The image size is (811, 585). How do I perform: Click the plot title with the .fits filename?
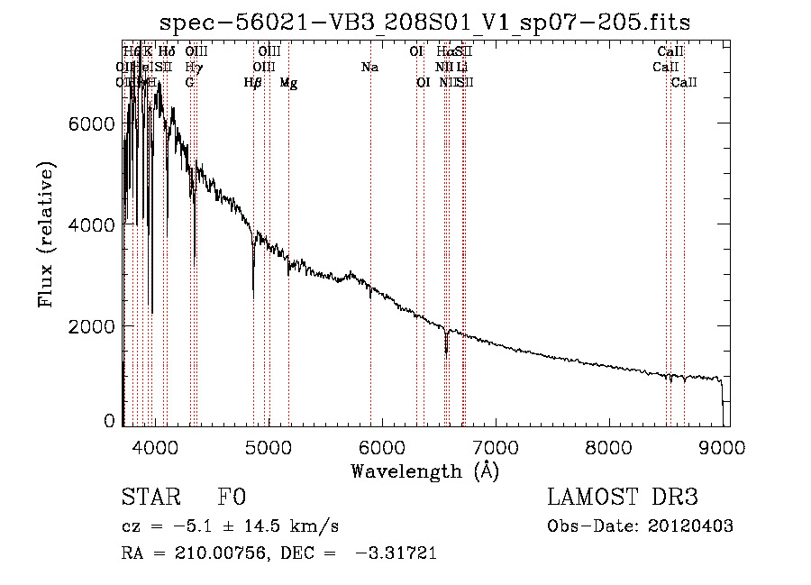click(425, 23)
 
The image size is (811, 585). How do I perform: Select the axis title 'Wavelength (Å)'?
click(424, 471)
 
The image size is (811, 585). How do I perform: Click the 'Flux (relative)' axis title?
click(46, 234)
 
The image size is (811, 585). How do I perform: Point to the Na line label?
click(369, 67)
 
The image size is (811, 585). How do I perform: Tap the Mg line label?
click(288, 83)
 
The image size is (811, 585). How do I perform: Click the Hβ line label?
click(253, 83)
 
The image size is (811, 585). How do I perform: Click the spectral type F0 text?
click(232, 498)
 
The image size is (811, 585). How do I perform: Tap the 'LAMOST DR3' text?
click(622, 498)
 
